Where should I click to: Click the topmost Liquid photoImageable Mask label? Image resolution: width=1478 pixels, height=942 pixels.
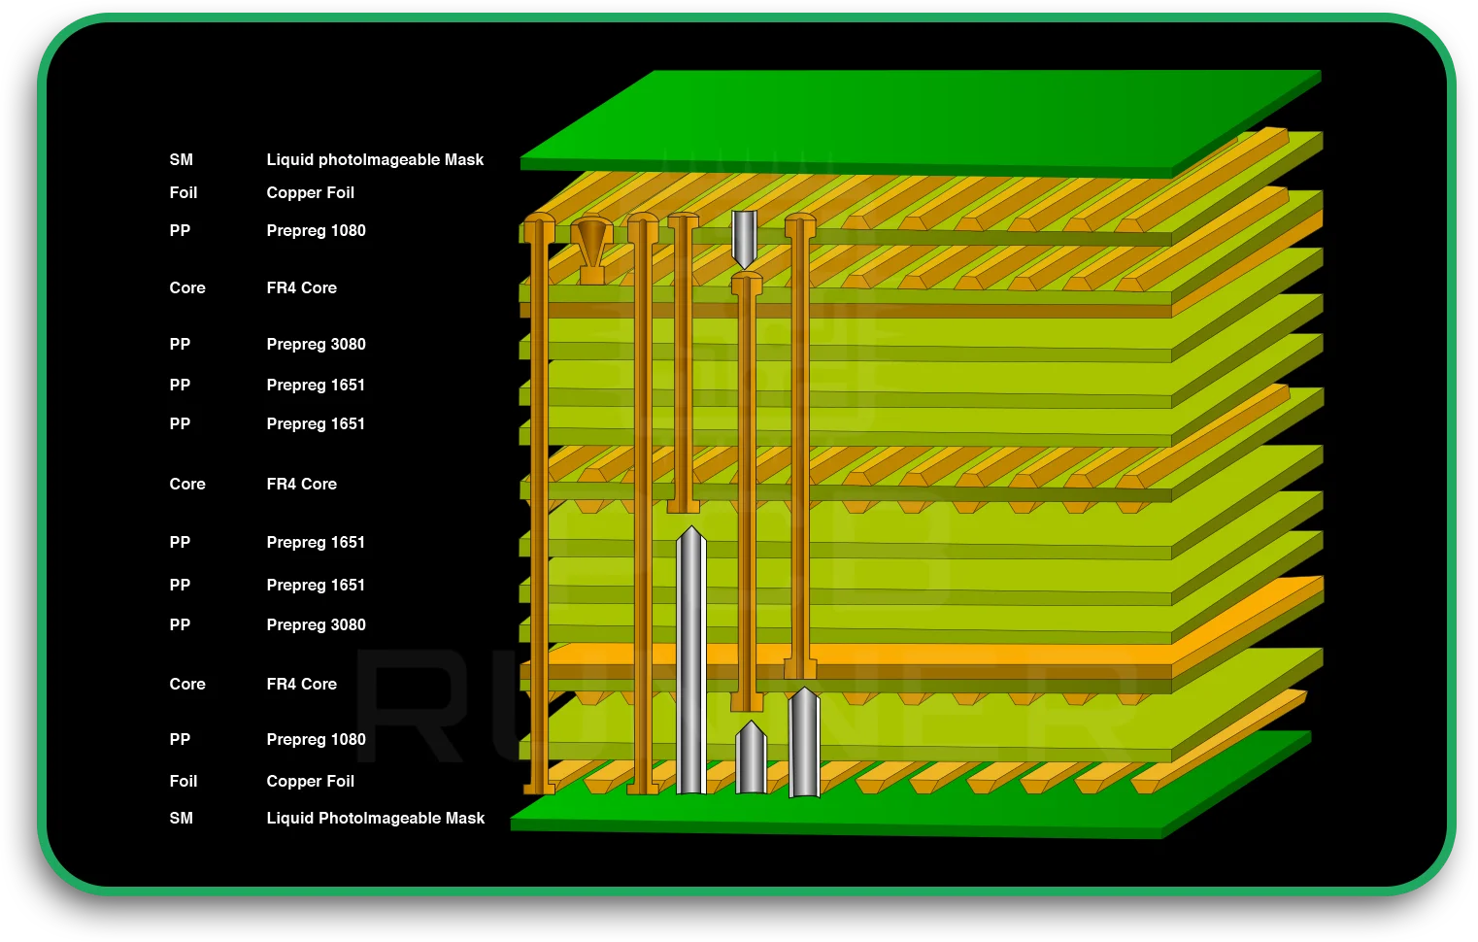coord(375,160)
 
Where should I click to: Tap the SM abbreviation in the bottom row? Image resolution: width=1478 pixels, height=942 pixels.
coord(182,819)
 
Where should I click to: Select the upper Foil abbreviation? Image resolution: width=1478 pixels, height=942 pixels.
coord(184,193)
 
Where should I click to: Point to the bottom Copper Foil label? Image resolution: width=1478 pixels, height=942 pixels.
coord(311,782)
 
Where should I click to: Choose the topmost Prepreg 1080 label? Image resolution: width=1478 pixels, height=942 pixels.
coord(317,231)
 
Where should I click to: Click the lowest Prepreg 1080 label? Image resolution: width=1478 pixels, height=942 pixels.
coord(317,740)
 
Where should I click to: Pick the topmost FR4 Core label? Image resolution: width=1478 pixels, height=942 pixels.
coord(302,288)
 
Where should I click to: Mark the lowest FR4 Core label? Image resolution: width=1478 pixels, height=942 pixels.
coord(302,685)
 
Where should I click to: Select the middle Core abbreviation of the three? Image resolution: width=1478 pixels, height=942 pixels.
coord(187,485)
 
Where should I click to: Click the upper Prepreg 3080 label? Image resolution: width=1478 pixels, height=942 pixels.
coord(317,345)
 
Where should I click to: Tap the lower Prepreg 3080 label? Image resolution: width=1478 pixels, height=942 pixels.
coord(317,625)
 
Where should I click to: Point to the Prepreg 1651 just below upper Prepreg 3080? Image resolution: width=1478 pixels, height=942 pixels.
coord(316,386)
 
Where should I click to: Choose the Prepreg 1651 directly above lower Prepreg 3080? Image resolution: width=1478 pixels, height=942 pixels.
coord(316,586)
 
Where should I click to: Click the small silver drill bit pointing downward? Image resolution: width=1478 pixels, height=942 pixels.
coord(744,238)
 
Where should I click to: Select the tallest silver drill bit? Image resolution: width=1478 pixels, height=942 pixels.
coord(690,660)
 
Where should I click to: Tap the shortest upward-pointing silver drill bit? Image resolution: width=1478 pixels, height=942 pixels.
coord(751,759)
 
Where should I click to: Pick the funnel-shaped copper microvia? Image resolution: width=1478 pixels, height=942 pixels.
coord(591,249)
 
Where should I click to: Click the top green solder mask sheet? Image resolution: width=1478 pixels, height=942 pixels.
coord(923,121)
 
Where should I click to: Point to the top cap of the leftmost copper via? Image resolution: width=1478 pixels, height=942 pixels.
coord(539,225)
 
